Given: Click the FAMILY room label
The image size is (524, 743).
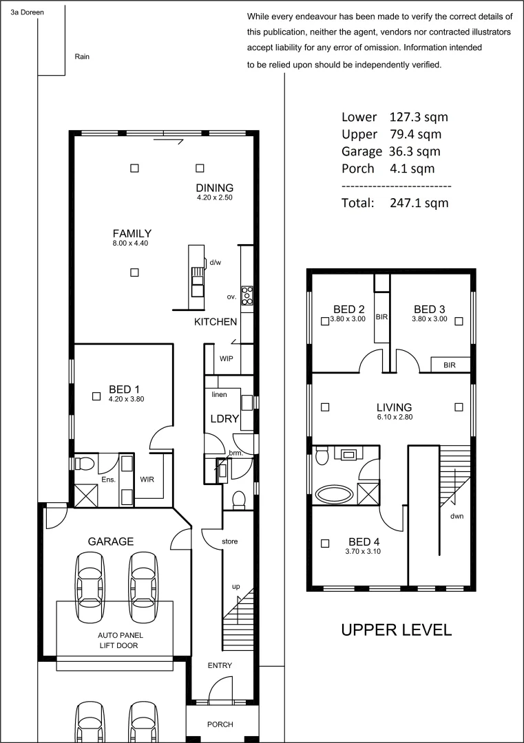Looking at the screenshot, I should pos(132,233).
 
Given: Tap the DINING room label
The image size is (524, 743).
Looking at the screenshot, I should pos(214,188).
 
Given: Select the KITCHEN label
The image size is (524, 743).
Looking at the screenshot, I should pos(216,322).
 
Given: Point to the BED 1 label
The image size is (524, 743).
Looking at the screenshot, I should pos(124,389).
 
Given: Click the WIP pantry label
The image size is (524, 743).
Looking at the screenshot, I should pos(227,359).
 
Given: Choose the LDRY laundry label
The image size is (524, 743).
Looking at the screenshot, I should pos(224,418).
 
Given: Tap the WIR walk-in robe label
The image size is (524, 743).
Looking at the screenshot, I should pos(147,479).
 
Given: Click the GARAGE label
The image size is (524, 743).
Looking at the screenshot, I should pos(110,541).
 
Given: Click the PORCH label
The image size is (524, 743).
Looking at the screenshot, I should pos(220,724).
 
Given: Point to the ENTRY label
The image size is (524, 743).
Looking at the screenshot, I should pos(220,665).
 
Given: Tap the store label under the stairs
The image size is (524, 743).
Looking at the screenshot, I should pos(229,541).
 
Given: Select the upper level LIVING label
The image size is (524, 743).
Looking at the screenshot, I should pos(393,407).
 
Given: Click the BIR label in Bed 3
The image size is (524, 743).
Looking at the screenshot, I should pos(450,365).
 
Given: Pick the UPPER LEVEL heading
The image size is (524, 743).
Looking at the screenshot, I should pos(396,629).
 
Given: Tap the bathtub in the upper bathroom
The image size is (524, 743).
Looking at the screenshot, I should pos(333,493).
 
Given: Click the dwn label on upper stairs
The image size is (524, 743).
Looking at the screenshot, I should pos(456,516).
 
